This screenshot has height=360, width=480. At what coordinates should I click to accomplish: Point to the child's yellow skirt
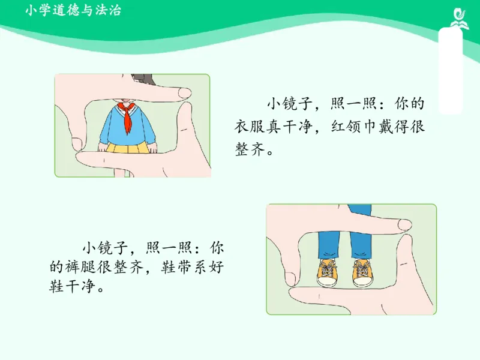127,146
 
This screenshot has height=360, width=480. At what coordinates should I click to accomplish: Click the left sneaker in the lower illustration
328,273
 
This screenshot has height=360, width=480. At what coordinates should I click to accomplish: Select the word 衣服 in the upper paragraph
251,127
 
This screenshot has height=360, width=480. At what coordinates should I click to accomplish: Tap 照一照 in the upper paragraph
352,104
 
